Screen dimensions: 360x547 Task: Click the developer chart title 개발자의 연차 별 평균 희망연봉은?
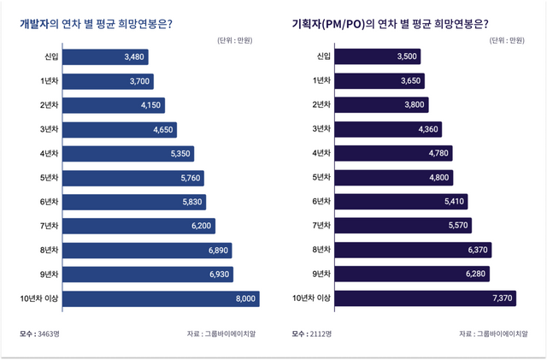96,24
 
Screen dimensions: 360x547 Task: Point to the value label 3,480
135,57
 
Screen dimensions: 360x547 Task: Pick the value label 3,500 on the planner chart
408,57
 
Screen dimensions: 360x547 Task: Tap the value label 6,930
219,274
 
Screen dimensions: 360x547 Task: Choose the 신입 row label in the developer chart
52,56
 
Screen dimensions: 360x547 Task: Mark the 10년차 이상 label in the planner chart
311,298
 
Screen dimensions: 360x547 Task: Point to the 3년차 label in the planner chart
321,129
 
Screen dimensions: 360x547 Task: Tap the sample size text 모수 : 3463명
39,333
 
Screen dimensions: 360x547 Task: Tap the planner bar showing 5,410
402,202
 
